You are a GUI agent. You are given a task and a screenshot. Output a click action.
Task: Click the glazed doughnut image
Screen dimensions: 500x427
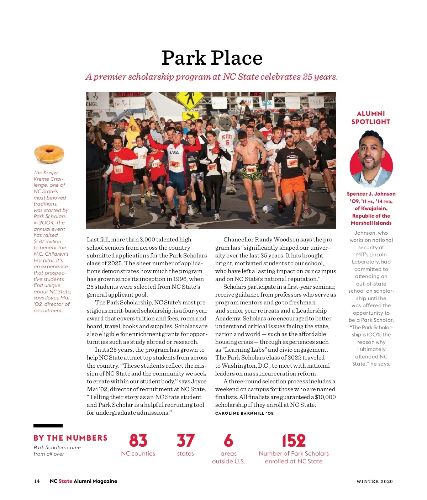tap(49, 154)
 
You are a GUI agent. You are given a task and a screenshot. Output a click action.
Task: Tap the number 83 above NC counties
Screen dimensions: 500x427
tap(138, 441)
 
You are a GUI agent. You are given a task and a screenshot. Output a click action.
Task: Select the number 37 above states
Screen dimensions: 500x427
tap(185, 441)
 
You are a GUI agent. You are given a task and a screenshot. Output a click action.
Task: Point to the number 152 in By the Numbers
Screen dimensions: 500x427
tap(294, 441)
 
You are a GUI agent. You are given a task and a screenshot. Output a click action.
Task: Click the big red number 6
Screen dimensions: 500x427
tap(228, 441)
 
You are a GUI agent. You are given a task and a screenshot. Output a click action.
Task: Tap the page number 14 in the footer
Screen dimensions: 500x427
tap(37, 481)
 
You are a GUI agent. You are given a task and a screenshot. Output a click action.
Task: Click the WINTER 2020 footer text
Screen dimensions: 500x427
tap(374, 482)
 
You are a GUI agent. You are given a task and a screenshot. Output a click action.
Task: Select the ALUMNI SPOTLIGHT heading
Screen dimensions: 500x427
tap(371, 118)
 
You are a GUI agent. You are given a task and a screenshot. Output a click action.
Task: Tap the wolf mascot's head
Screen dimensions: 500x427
tap(225, 123)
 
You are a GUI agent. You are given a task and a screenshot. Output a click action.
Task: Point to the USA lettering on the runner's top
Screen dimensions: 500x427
tap(174, 153)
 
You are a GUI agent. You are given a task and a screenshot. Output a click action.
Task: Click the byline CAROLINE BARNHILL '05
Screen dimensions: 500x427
tap(244, 413)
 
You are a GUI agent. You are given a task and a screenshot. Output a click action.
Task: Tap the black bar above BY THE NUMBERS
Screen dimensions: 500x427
tap(48, 426)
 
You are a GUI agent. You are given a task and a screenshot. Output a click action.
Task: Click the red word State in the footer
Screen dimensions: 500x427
tap(65, 481)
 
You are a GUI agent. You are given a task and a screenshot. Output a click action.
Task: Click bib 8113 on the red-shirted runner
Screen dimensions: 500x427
tap(118, 170)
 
